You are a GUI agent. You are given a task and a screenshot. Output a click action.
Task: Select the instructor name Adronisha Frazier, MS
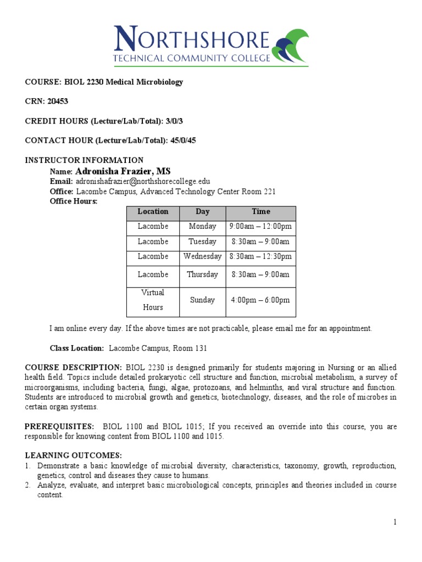click(x=127, y=172)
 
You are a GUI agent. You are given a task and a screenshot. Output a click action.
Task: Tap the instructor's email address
click(x=143, y=181)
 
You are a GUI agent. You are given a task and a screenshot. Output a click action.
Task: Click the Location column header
click(x=153, y=212)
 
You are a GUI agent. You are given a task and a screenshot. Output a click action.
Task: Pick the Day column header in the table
click(x=202, y=212)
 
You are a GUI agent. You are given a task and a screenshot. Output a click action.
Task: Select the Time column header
click(x=260, y=212)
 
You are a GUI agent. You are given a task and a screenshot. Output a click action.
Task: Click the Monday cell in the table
click(x=202, y=227)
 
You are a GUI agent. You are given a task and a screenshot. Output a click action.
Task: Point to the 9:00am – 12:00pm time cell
click(x=260, y=227)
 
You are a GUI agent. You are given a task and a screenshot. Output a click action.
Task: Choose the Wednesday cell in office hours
click(x=202, y=256)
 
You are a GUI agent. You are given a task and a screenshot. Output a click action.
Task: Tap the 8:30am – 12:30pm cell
click(x=260, y=256)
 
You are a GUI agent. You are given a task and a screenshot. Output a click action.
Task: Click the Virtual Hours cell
click(x=153, y=300)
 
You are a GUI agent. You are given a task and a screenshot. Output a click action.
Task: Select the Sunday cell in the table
click(x=202, y=300)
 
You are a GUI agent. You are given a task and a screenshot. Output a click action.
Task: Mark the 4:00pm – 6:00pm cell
click(x=260, y=300)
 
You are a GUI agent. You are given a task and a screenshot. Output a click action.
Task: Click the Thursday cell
click(x=202, y=274)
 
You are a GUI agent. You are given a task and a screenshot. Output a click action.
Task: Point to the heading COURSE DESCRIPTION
click(x=74, y=367)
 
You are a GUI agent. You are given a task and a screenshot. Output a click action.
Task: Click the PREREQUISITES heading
click(x=59, y=427)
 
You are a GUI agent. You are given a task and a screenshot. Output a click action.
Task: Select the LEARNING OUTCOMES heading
click(x=73, y=456)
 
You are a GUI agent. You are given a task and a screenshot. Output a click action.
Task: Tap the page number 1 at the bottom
click(x=395, y=522)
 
